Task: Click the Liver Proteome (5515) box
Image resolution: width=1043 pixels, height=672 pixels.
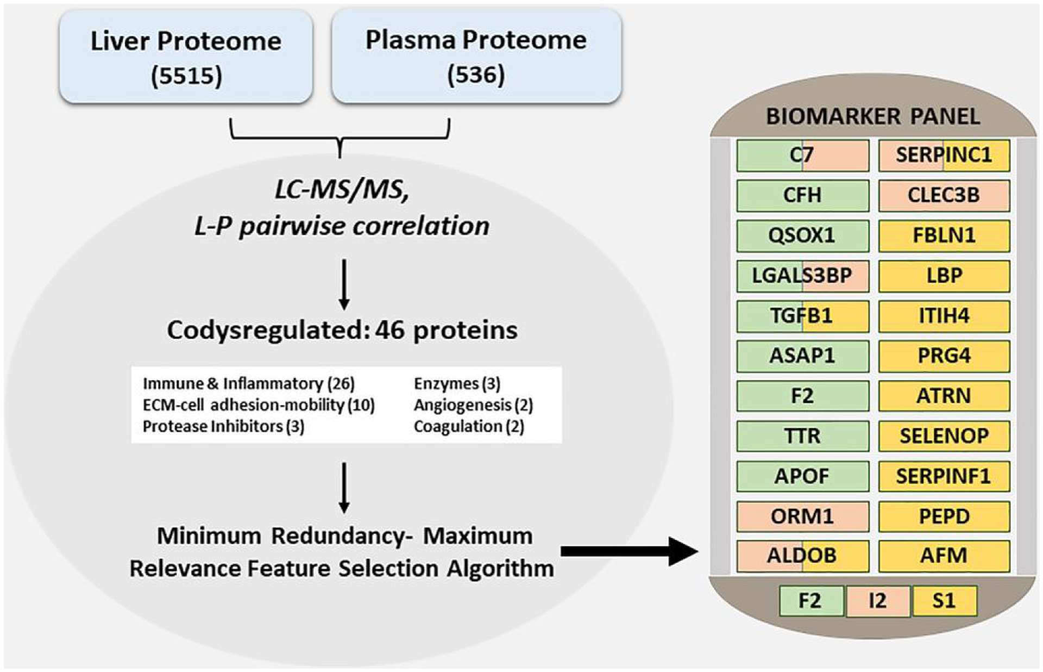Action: point(186,57)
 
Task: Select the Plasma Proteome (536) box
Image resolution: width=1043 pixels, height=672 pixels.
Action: point(476,57)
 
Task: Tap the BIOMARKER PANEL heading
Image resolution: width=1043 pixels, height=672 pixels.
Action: point(873,116)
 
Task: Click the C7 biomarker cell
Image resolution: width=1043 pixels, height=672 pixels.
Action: point(802,155)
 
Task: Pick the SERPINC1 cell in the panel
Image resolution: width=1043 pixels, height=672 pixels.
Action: point(944,155)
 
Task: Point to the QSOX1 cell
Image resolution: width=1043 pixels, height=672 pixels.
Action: point(802,235)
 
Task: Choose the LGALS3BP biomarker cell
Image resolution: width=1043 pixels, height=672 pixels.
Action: point(802,276)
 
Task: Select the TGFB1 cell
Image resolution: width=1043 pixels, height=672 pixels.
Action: point(802,316)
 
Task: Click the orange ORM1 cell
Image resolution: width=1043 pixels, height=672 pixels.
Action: point(802,516)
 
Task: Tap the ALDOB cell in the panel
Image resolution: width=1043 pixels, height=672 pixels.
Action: point(802,556)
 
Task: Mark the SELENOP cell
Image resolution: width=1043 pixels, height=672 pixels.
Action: point(944,436)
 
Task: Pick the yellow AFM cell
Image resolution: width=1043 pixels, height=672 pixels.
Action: point(944,556)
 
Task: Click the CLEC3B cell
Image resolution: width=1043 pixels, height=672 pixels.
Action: point(944,196)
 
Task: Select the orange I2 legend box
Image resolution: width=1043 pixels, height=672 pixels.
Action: point(878,601)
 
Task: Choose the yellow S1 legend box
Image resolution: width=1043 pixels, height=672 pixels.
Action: point(944,601)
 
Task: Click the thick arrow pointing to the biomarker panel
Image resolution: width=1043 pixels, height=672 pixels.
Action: point(629,551)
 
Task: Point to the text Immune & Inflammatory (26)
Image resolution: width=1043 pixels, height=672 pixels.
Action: point(248,384)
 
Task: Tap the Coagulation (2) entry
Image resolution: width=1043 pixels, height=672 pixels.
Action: point(469,426)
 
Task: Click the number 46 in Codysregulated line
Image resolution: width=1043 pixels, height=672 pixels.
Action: point(389,330)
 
